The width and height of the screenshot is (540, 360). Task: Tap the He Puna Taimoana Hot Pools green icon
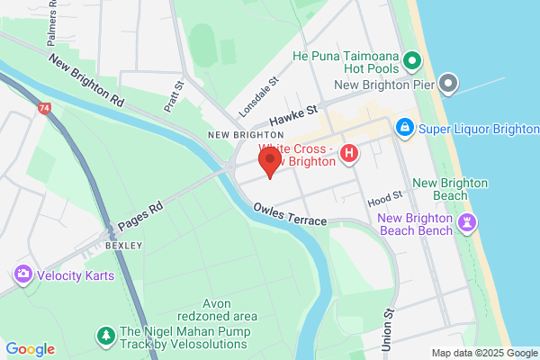pyautogui.click(x=412, y=61)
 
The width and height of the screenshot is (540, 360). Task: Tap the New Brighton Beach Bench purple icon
pyautogui.click(x=467, y=222)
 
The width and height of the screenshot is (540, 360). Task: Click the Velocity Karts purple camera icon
pyautogui.click(x=22, y=274)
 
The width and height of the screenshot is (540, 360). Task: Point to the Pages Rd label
pyautogui.click(x=139, y=217)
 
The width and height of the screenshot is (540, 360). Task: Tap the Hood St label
pyautogui.click(x=384, y=195)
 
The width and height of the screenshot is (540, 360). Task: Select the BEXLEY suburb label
pyautogui.click(x=122, y=245)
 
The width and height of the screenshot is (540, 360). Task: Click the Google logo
pyautogui.click(x=31, y=349)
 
